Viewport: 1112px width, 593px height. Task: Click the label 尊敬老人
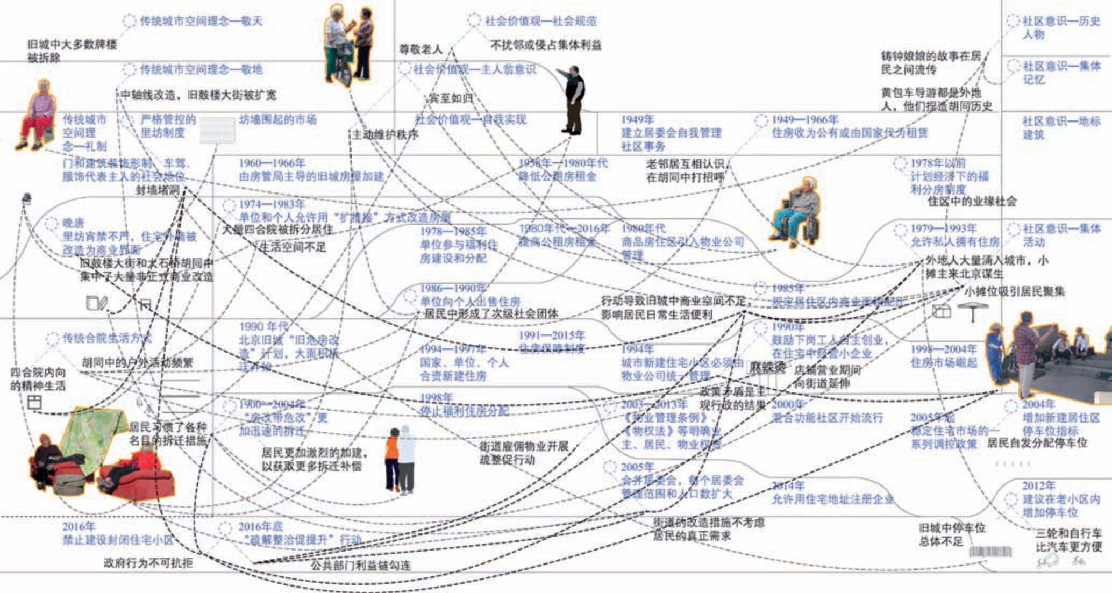[x=420, y=49]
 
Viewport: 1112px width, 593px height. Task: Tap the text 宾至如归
[x=450, y=98]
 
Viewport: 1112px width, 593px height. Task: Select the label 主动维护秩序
[x=385, y=134]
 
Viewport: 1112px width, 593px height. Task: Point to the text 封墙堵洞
[x=158, y=190]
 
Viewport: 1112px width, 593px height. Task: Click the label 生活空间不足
[x=293, y=247]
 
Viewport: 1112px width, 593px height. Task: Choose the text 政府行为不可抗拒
[x=148, y=563]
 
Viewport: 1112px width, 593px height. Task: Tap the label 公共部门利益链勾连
[x=360, y=565]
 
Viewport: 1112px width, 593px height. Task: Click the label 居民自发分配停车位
[x=1037, y=442]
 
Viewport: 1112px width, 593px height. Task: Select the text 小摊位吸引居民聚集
[x=1014, y=291]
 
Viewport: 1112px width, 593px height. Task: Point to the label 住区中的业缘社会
[x=972, y=202]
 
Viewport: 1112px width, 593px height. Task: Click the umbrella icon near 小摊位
[x=973, y=311]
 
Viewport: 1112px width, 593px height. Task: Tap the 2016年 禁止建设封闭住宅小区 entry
[x=118, y=533]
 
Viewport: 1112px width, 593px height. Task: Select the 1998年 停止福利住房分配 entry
[x=464, y=404]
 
